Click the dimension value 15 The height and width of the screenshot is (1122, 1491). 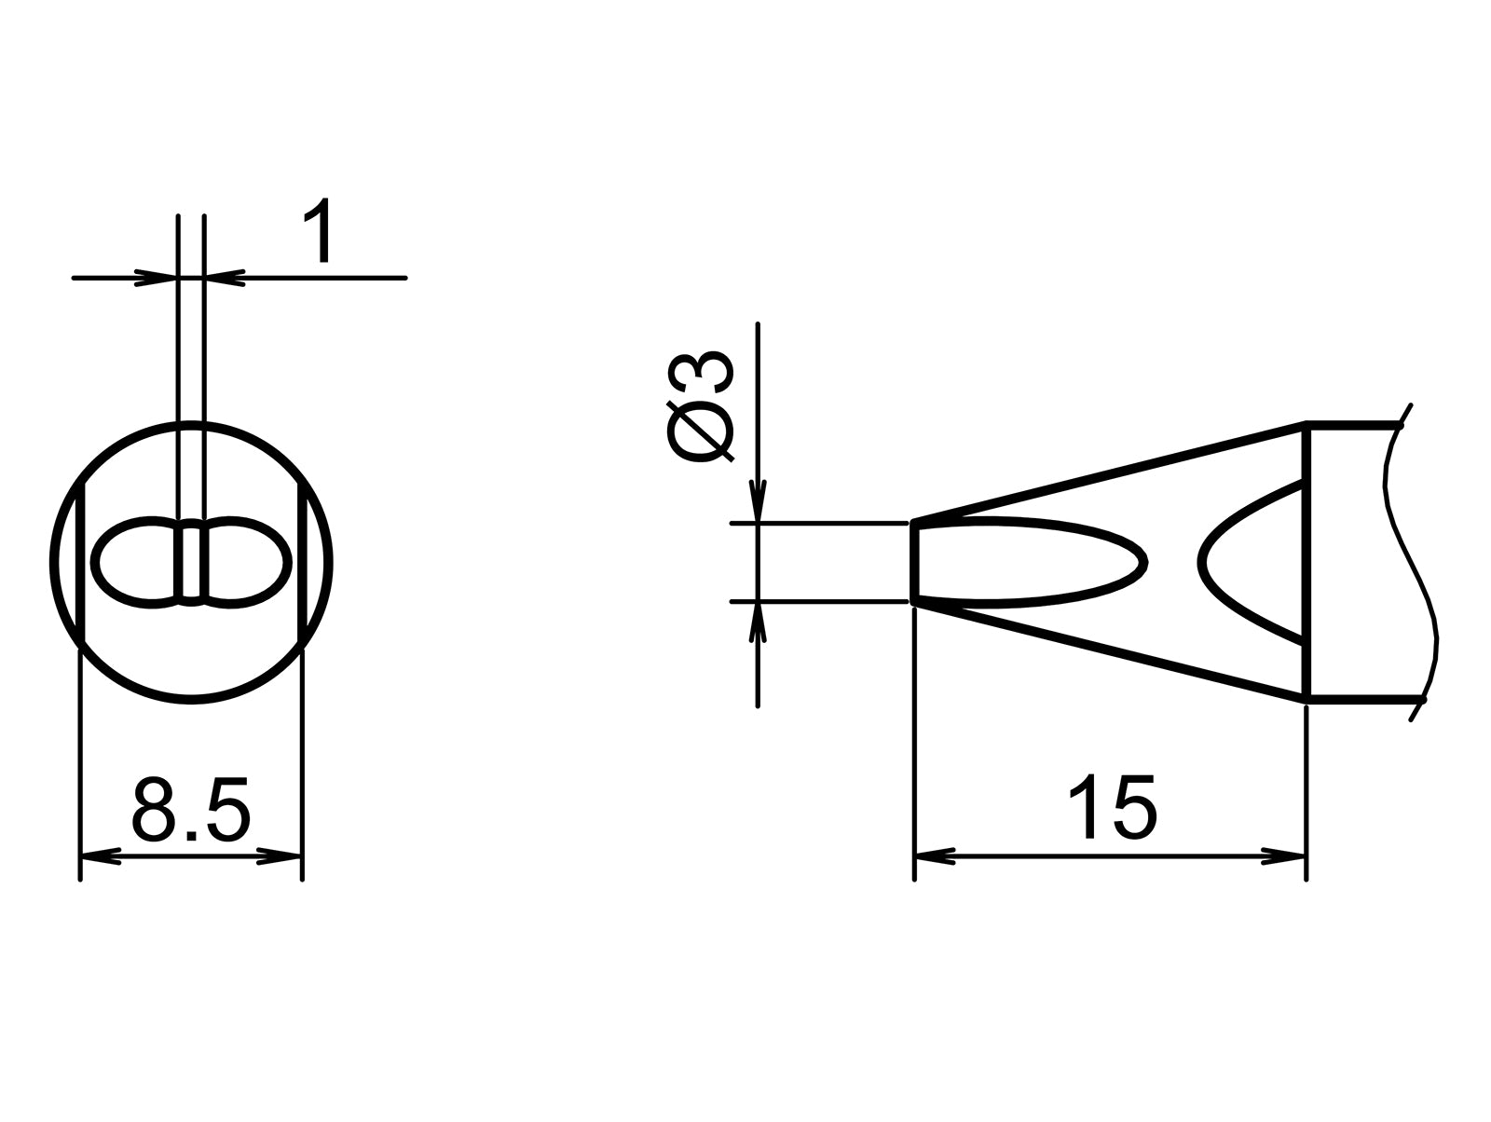tap(1111, 807)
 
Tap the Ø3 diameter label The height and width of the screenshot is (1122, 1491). tap(701, 407)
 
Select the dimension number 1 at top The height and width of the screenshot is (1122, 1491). tap(319, 233)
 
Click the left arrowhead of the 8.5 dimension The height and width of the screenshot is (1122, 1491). tap(101, 855)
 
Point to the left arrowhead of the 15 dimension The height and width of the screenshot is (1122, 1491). tap(935, 855)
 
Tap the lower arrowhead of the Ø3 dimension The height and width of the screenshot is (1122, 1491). tap(759, 623)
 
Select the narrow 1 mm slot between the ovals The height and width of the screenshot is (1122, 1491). tap(191, 562)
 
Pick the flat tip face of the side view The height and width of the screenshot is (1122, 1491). tap(915, 562)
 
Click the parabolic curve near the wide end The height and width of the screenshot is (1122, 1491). tap(1211, 562)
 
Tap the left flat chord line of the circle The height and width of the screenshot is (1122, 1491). tap(84, 562)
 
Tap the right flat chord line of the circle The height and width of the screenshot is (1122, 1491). tap(300, 562)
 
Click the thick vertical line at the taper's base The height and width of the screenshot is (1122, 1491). tap(1307, 562)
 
